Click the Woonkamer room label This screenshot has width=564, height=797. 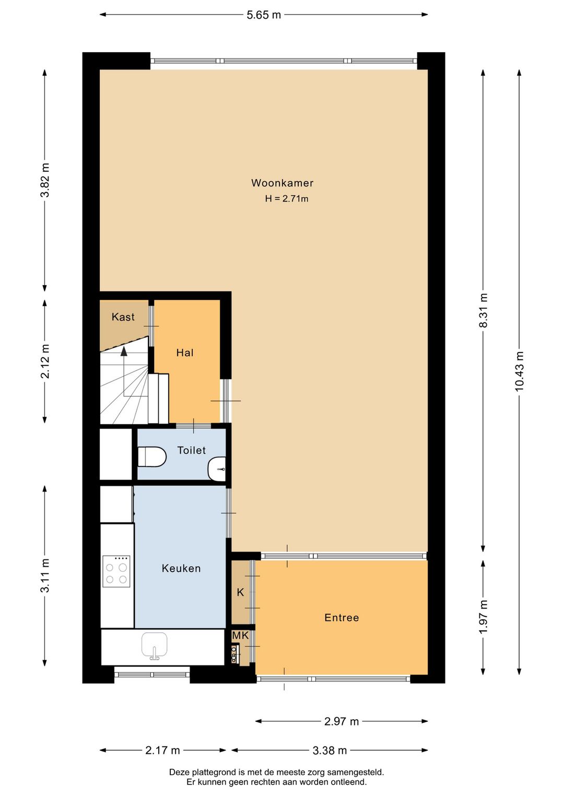[x=282, y=183]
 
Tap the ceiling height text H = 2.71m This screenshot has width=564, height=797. [x=286, y=198]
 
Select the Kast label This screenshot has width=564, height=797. [x=123, y=317]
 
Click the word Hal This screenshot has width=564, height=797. [x=185, y=353]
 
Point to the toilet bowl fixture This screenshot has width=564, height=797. [x=151, y=456]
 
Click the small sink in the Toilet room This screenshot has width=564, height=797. [x=217, y=468]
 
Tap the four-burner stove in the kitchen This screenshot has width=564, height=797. [x=116, y=571]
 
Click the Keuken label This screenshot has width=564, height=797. [x=181, y=568]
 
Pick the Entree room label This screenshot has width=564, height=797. [x=342, y=617]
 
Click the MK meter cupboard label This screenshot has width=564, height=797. [x=240, y=636]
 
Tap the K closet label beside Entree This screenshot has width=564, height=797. [x=240, y=592]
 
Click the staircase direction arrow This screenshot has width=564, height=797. [x=124, y=351]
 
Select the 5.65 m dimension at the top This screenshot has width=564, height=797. [x=264, y=15]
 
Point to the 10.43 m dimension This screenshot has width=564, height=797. [x=519, y=371]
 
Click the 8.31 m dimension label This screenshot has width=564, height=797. [x=483, y=310]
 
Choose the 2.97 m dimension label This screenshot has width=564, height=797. [x=342, y=721]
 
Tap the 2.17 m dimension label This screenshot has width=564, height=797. [x=162, y=751]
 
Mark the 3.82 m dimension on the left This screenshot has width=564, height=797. [x=45, y=180]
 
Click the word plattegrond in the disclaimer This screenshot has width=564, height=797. [x=214, y=772]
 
